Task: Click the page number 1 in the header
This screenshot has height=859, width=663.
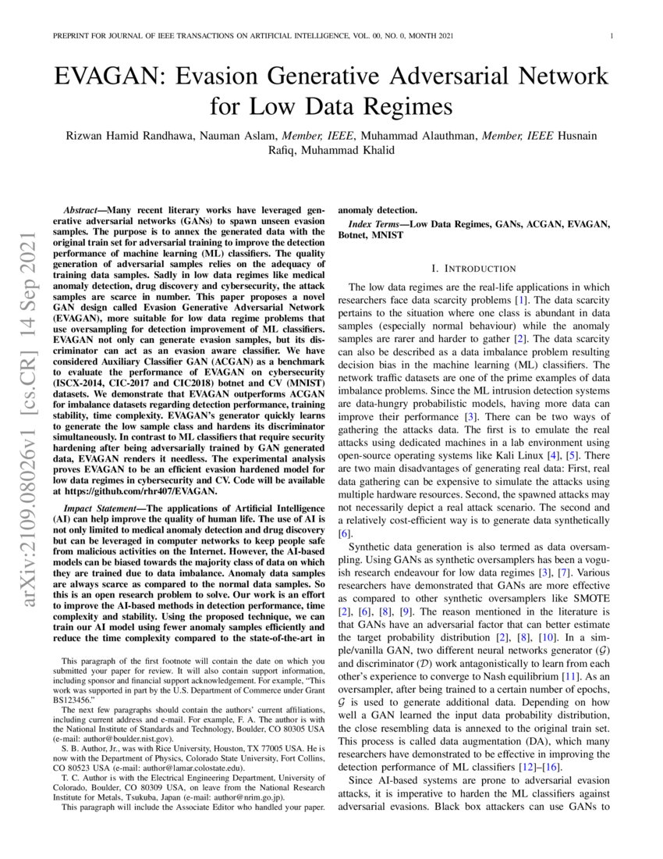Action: tap(612, 36)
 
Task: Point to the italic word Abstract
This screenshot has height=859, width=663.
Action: tap(80, 211)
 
